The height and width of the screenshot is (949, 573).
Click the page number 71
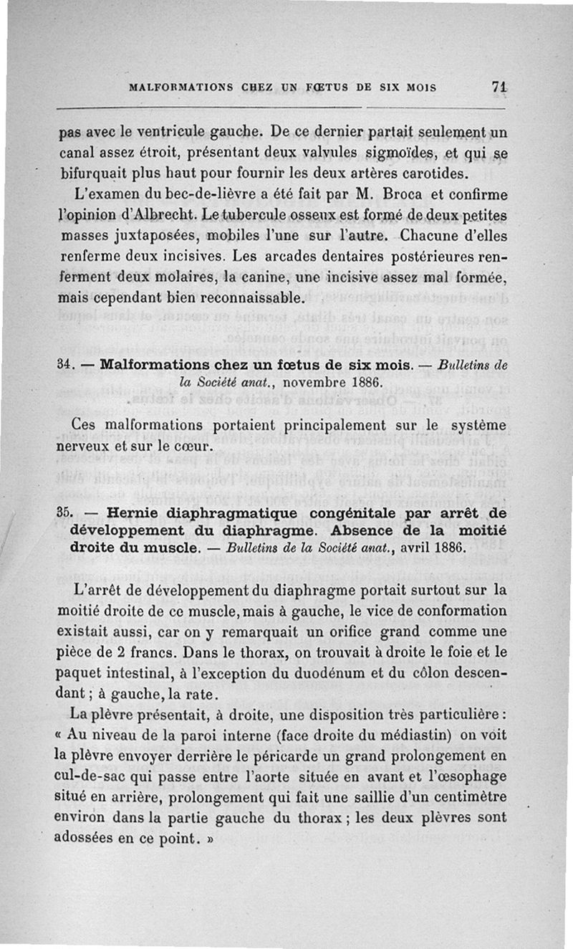click(499, 86)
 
